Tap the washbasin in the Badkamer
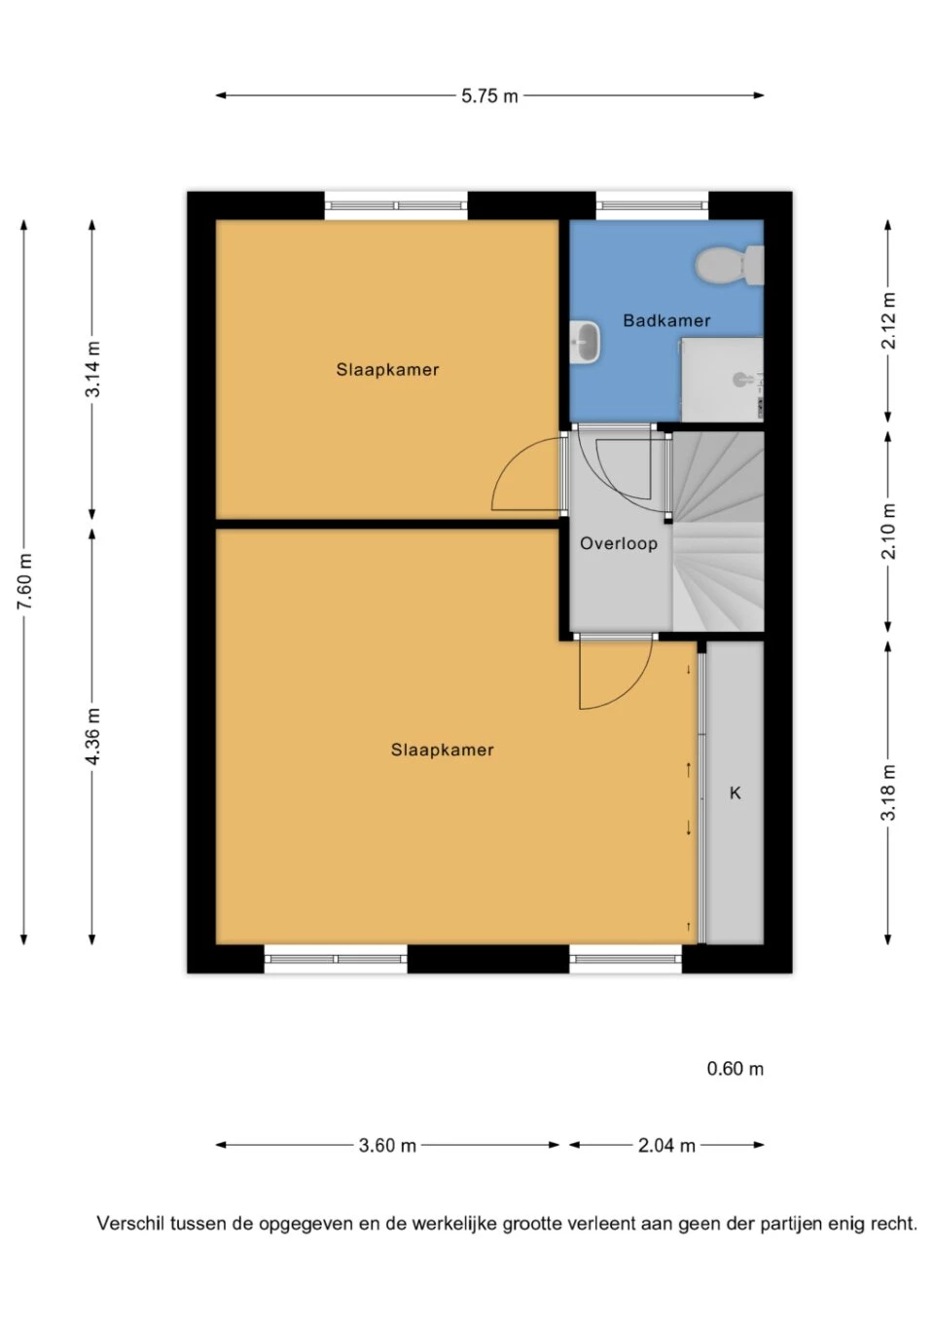click(585, 341)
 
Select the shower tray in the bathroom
click(722, 379)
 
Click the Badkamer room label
click(666, 320)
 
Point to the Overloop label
click(619, 543)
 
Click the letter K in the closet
click(735, 792)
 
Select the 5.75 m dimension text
click(488, 95)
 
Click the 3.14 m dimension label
click(93, 369)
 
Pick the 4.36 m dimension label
click(93, 736)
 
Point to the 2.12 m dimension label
click(888, 320)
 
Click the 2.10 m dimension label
click(888, 531)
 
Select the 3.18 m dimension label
click(888, 792)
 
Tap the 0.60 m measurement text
click(735, 1068)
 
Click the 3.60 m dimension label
click(387, 1146)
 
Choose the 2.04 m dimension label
click(666, 1146)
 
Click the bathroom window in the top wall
click(652, 205)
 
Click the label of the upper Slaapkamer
click(387, 370)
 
